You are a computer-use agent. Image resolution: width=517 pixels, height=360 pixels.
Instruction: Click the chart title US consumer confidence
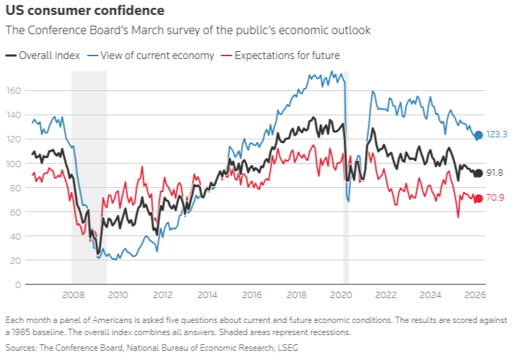[x=85, y=11]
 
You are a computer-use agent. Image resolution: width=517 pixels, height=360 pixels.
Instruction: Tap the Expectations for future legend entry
[x=280, y=55]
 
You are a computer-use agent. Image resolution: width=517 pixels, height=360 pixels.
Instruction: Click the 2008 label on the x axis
[x=73, y=295]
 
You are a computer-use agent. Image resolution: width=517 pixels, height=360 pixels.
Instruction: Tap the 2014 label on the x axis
[x=207, y=295]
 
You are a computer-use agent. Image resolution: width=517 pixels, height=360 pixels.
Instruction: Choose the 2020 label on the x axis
[x=342, y=295]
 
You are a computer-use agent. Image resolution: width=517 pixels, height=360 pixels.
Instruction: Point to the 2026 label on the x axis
[x=476, y=295]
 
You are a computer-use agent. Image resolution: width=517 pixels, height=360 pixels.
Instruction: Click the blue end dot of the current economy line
[x=479, y=135]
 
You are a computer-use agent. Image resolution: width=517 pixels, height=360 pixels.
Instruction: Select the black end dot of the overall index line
[x=479, y=173]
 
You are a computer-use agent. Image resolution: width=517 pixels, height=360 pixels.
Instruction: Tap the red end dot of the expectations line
[x=479, y=198]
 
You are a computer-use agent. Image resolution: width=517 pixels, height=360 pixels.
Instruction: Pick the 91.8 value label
[x=495, y=173]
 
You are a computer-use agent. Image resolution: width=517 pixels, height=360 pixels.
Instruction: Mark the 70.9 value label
[x=495, y=198]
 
